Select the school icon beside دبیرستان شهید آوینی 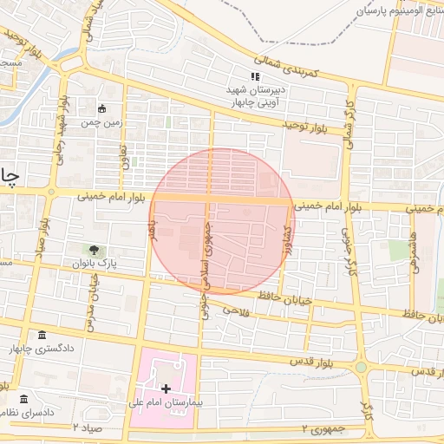tap(255, 77)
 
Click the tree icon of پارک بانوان tap(93, 250)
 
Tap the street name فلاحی tap(235, 310)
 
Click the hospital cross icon tap(166, 388)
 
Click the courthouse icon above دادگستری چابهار tap(42, 336)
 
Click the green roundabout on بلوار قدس tap(361, 368)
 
